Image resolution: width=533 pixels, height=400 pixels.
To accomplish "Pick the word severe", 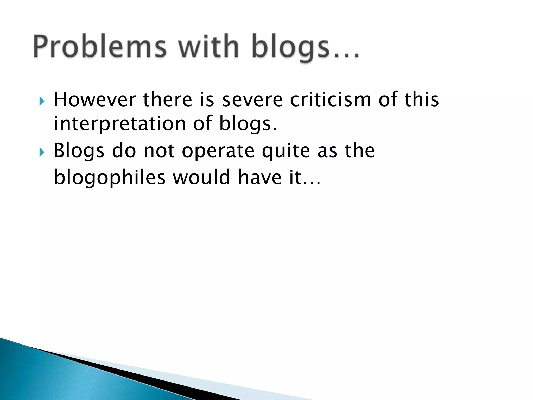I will tap(252, 100).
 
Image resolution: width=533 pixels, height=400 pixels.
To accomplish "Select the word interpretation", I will tap(119, 124).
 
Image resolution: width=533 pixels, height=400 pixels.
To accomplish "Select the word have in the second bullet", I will tap(260, 177).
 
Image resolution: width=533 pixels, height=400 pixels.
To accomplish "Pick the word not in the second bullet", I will tap(159, 151).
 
